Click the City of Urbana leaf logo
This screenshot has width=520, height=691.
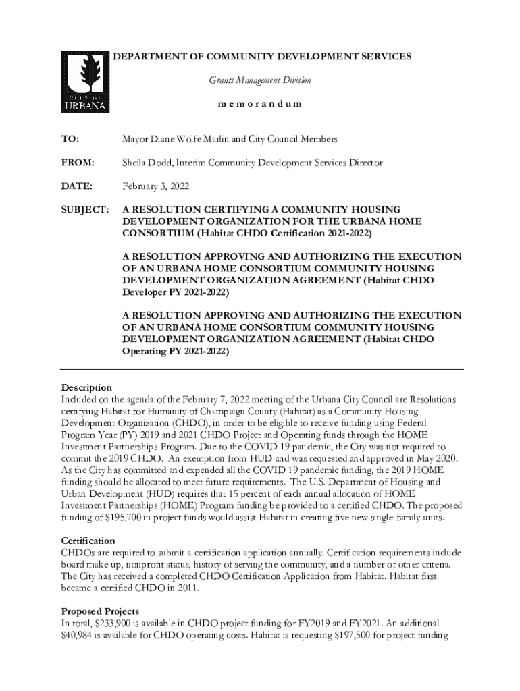(x=85, y=82)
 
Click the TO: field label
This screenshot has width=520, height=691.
(x=70, y=139)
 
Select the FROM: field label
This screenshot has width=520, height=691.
(x=78, y=163)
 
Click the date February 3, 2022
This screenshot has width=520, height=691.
(x=155, y=186)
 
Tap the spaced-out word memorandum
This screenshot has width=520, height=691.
(x=259, y=104)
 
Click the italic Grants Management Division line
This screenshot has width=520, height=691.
(x=259, y=80)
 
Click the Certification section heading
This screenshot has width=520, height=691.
(x=88, y=541)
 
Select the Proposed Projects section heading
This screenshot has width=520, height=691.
(x=100, y=611)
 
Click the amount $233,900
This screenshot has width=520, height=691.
(x=125, y=623)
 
